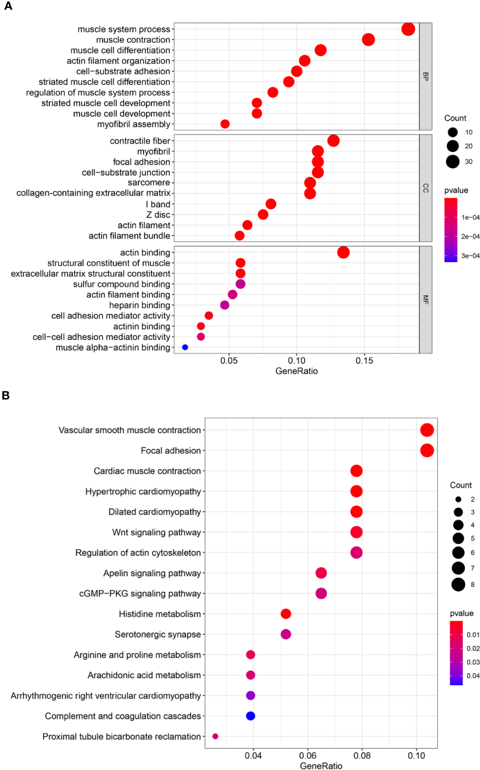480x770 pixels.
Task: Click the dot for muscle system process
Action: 408,29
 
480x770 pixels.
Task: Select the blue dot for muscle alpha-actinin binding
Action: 185,347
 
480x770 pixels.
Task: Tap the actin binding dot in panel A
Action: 343,253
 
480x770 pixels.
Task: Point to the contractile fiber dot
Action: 333,141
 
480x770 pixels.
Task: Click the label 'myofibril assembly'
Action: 133,124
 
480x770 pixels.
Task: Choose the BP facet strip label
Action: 425,76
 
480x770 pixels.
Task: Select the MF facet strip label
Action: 425,300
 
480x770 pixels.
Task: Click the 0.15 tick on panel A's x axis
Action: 364,361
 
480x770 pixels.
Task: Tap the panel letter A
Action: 8,6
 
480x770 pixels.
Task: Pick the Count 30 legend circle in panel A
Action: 453,162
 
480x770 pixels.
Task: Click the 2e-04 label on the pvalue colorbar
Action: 470,236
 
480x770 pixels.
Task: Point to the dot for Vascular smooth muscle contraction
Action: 427,430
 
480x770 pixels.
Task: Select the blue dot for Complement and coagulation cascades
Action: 250,716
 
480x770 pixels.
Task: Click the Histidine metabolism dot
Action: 286,614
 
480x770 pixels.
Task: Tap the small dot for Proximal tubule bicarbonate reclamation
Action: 215,736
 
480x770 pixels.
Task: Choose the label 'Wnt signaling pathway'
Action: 156,532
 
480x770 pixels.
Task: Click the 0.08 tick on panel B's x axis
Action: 362,756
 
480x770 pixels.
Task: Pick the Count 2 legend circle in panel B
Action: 458,499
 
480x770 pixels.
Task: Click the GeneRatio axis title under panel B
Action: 321,766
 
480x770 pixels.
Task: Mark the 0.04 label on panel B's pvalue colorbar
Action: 473,676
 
